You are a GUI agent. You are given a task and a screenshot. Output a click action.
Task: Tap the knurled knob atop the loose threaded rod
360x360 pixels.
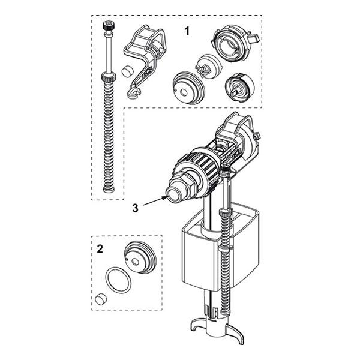tap(109, 27)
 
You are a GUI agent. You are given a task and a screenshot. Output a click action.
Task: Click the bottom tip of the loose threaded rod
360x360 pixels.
tap(109, 191)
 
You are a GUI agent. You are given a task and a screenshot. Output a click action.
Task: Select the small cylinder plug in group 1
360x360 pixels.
tap(126, 71)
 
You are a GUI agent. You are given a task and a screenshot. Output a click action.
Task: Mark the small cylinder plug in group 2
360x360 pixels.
tap(100, 299)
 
